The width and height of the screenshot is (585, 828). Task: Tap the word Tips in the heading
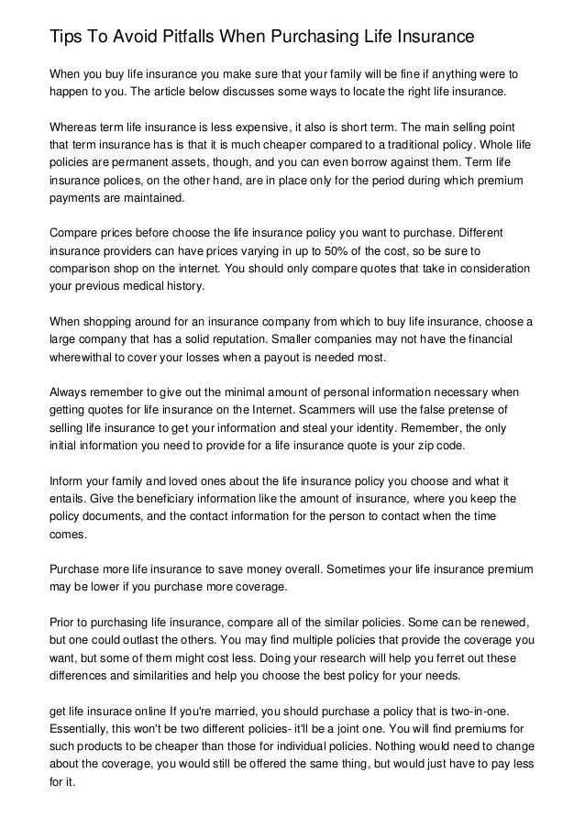tap(65, 37)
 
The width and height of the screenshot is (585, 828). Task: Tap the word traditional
tap(447, 148)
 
